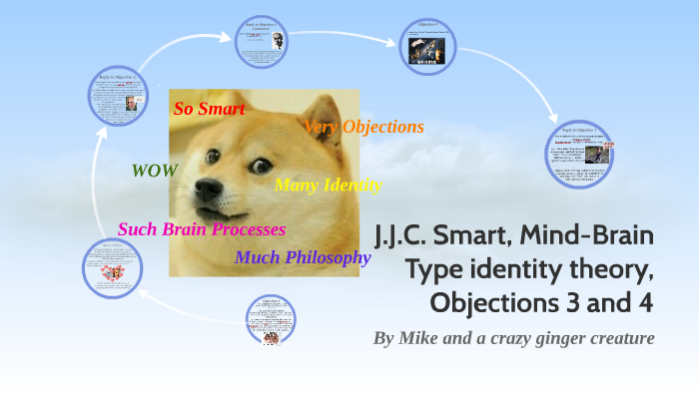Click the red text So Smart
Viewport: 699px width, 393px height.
pyautogui.click(x=209, y=109)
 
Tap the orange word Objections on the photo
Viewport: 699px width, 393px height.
pyautogui.click(x=382, y=128)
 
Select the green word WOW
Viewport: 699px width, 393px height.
pyautogui.click(x=155, y=171)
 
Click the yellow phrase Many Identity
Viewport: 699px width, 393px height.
pyautogui.click(x=328, y=185)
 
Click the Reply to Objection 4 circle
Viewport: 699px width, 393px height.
pyautogui.click(x=579, y=154)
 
